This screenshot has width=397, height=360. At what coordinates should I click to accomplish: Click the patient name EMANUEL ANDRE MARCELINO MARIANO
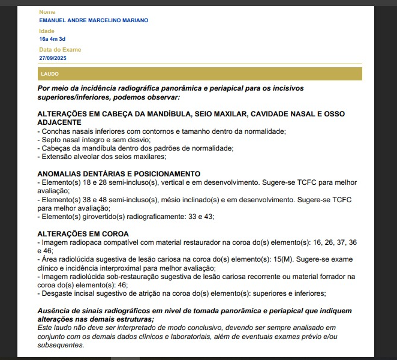pyautogui.click(x=94, y=20)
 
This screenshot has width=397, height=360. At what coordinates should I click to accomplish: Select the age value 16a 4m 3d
pyautogui.click(x=52, y=39)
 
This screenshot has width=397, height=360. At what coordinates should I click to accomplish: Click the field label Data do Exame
pyautogui.click(x=60, y=50)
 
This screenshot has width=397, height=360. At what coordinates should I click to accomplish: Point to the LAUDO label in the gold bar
pyautogui.click(x=50, y=74)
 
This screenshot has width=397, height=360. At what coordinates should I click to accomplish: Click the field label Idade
pyautogui.click(x=46, y=31)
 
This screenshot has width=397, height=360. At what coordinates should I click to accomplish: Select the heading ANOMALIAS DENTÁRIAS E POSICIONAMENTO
pyautogui.click(x=119, y=173)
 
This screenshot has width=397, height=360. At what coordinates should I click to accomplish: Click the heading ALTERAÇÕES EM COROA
pyautogui.click(x=83, y=233)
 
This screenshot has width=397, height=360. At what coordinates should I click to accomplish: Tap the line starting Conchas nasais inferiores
pyautogui.click(x=161, y=131)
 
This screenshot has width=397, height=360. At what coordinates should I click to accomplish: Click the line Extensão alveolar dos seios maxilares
pyautogui.click(x=101, y=157)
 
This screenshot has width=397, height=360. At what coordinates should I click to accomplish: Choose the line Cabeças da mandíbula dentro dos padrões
pyautogui.click(x=136, y=148)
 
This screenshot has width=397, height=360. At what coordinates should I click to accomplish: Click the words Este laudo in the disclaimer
pyautogui.click(x=53, y=328)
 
